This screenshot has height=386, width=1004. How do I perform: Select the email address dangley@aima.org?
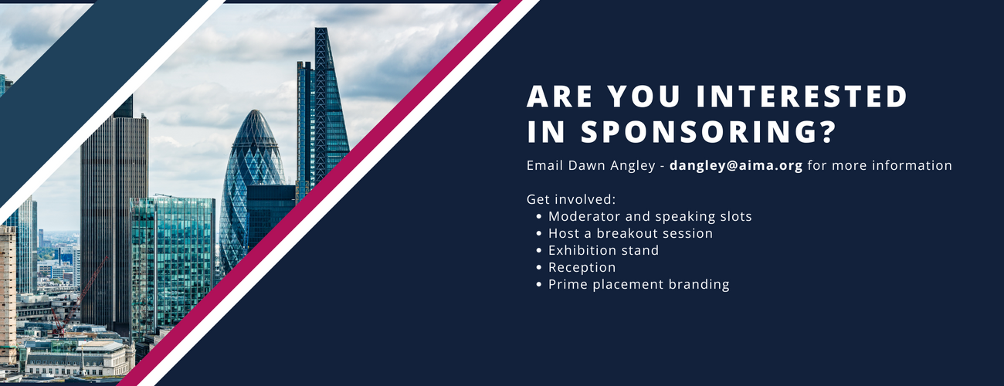(736, 165)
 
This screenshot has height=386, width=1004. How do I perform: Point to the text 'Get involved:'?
(571, 199)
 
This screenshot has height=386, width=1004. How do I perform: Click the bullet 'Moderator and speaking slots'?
(650, 216)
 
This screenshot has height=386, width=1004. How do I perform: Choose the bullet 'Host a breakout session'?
(630, 233)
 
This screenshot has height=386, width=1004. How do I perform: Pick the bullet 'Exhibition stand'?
(603, 250)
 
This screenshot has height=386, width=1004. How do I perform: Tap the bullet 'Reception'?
(582, 267)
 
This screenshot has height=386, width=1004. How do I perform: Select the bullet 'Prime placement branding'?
(639, 284)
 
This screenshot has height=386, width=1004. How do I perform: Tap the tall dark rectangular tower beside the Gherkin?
(114, 216)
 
